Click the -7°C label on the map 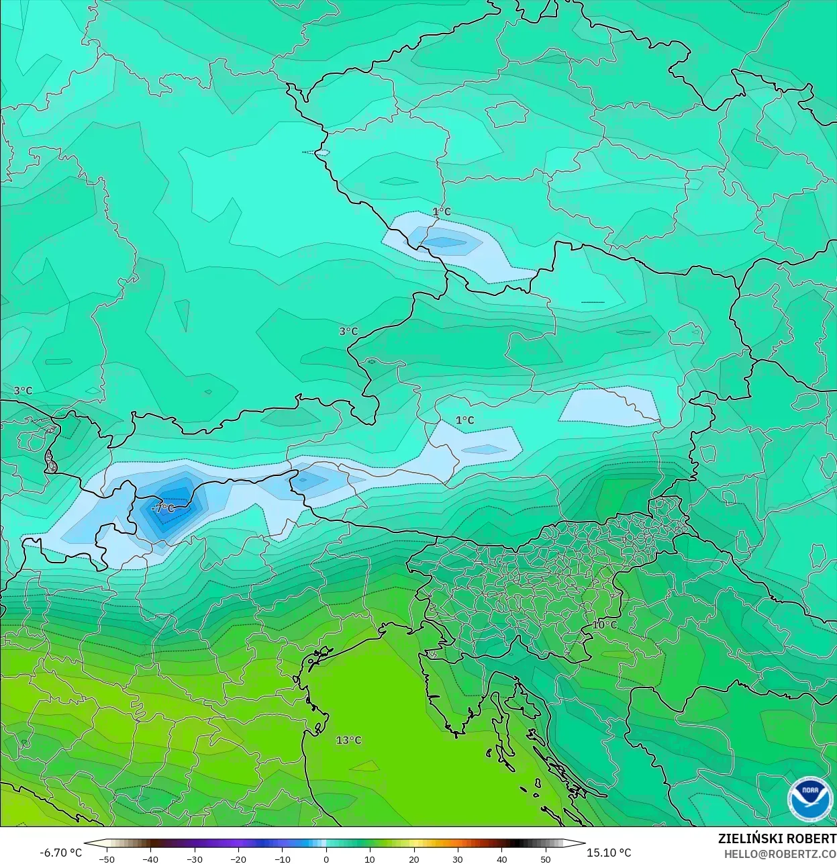click(x=162, y=509)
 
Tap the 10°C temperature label click(x=604, y=625)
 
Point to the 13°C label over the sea click(x=348, y=740)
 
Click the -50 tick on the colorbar click(x=106, y=859)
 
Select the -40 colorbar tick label click(x=150, y=859)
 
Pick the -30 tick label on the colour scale click(x=194, y=859)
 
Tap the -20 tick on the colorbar click(x=238, y=859)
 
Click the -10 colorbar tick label click(x=282, y=859)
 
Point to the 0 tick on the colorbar click(x=326, y=859)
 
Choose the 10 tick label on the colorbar click(x=370, y=859)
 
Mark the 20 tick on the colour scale click(x=413, y=859)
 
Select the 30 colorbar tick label click(x=458, y=859)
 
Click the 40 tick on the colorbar click(x=501, y=859)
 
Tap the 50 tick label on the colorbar click(x=546, y=859)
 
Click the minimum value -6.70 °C click(x=60, y=853)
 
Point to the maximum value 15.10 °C click(x=609, y=853)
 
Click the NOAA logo click(x=809, y=799)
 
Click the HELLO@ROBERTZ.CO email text click(x=780, y=854)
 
